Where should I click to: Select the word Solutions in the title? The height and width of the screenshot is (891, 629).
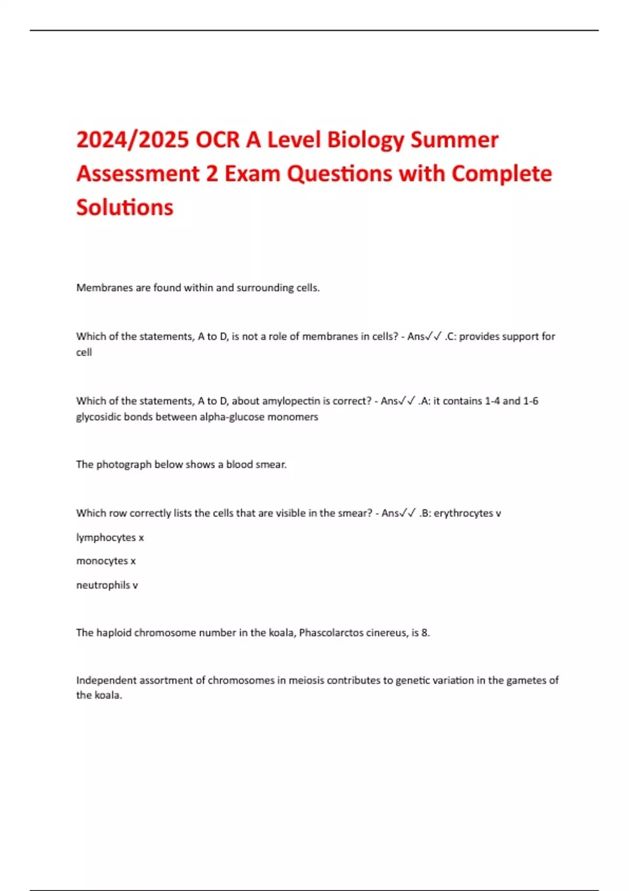[x=125, y=207]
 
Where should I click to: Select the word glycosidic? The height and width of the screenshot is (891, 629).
[x=99, y=417]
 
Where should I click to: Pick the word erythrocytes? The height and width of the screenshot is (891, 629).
[x=463, y=513]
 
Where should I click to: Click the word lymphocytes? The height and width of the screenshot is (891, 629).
[x=106, y=538]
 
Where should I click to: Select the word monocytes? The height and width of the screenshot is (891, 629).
[x=102, y=561]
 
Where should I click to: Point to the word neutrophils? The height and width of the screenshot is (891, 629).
[x=103, y=585]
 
